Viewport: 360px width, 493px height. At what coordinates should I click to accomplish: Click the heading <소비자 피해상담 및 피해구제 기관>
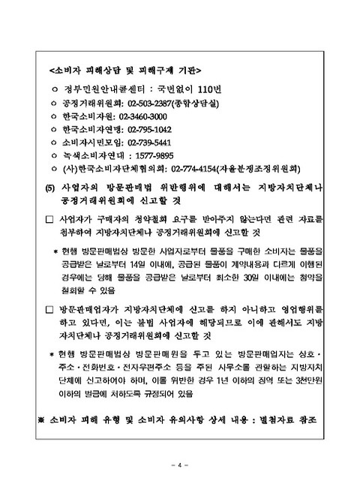click(124, 71)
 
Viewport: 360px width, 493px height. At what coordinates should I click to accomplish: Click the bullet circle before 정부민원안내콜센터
click(53, 89)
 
